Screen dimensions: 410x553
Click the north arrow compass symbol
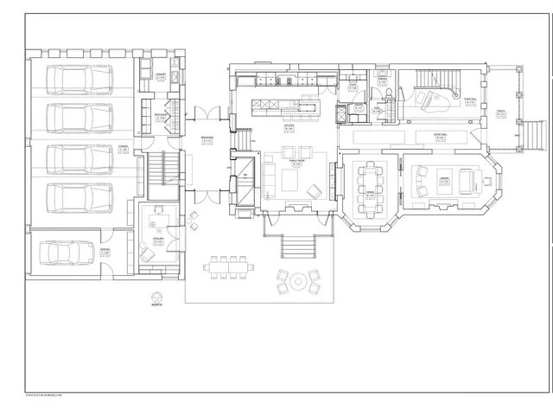[156, 294]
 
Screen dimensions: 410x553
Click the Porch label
[502, 112]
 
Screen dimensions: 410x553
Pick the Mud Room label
[161, 114]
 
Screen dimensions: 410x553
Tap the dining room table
[372, 185]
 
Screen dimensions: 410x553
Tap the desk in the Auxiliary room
[159, 210]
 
